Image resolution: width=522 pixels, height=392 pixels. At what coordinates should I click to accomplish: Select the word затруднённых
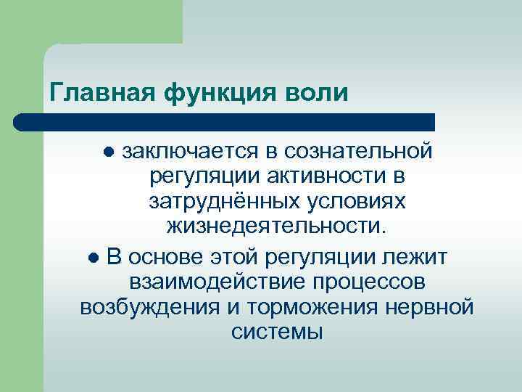click(x=215, y=202)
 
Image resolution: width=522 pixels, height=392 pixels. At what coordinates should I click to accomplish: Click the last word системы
click(x=277, y=332)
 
